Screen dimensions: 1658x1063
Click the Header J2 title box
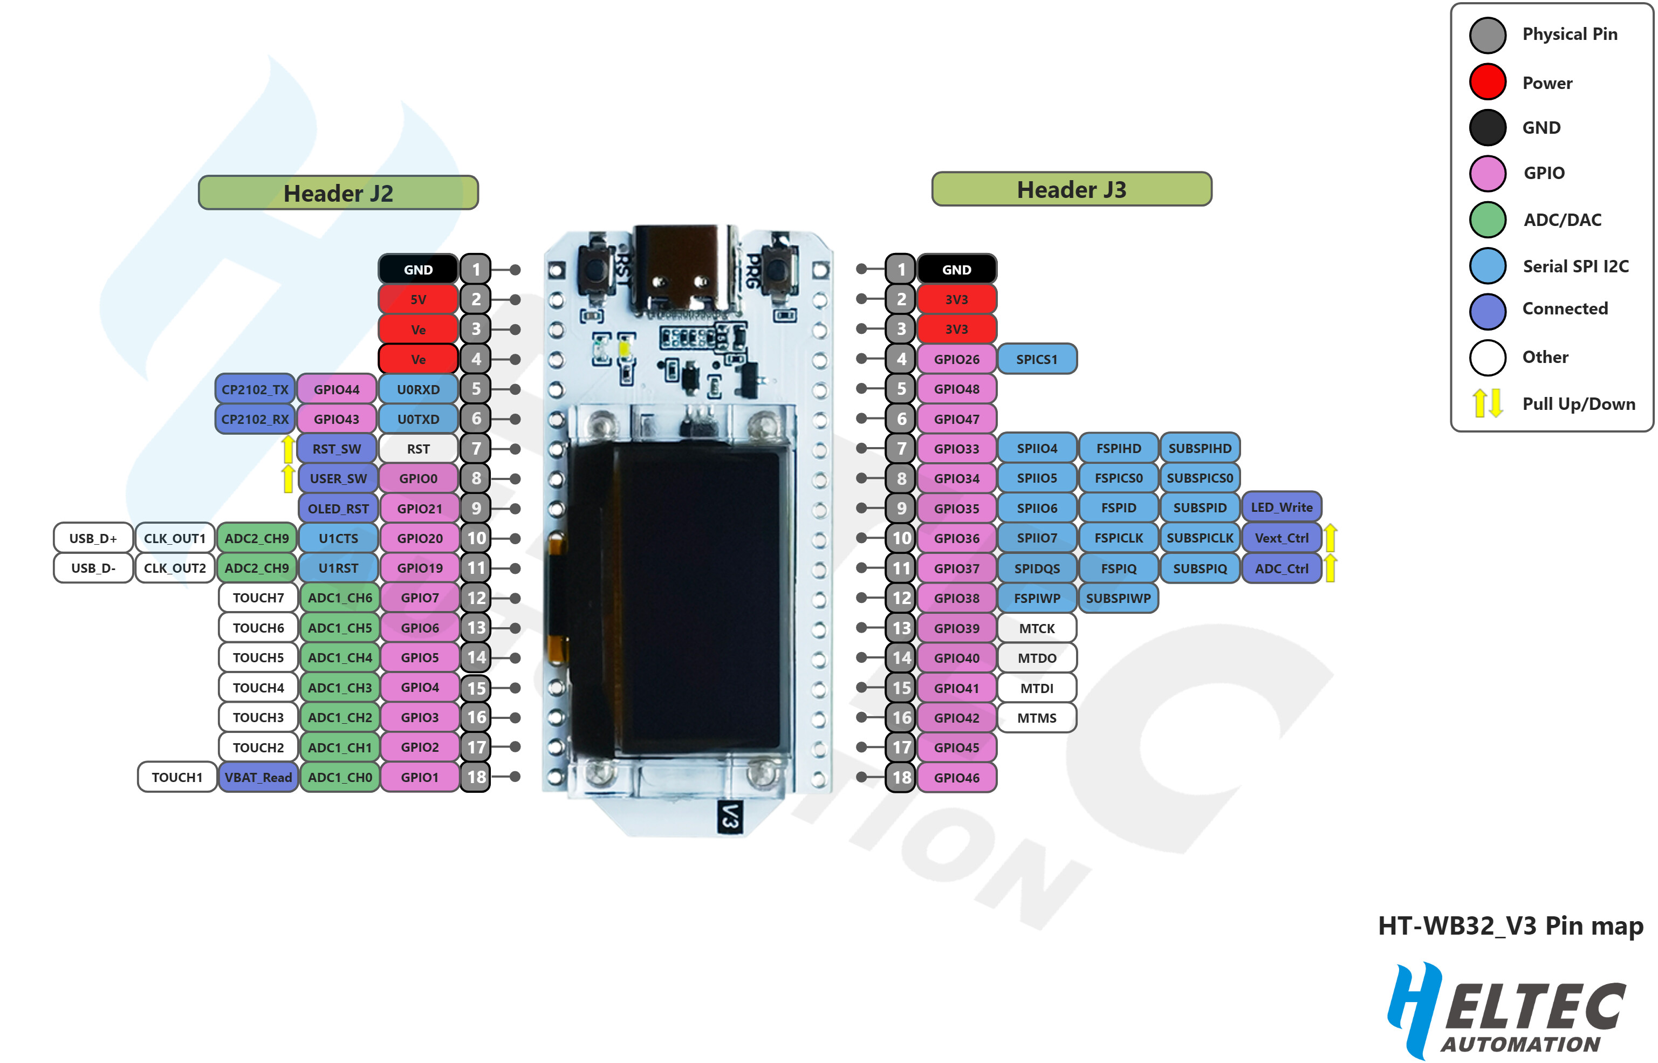[x=338, y=193]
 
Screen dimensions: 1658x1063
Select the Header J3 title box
[x=1071, y=189]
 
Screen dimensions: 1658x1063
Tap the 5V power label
[x=419, y=299]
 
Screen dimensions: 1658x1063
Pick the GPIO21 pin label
[x=420, y=509]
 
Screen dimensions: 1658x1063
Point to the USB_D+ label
[x=93, y=538]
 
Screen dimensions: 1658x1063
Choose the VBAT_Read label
[x=258, y=777]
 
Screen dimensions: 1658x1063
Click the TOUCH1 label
[x=177, y=777]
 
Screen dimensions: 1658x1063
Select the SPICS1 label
[x=1037, y=359]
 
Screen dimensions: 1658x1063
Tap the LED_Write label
[x=1282, y=508]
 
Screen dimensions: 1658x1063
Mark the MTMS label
[x=1037, y=718]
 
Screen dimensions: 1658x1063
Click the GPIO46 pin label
[x=957, y=778]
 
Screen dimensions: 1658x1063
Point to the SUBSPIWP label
[x=1118, y=599]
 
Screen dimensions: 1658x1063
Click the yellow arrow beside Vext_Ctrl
[x=1331, y=538]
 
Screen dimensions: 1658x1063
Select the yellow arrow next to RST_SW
[x=289, y=449]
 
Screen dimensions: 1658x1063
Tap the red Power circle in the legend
[x=1488, y=82]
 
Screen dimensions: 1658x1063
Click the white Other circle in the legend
[x=1488, y=357]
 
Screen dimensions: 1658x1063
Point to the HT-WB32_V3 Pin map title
[x=1510, y=925]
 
